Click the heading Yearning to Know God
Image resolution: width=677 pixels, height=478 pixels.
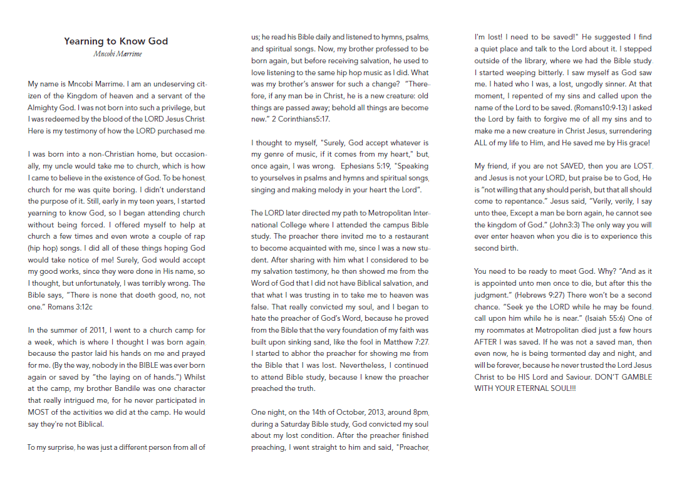[116, 41]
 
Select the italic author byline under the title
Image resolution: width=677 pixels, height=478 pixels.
[117, 54]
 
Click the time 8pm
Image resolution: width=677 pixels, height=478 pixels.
[420, 413]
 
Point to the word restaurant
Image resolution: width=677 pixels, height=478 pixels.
[408, 237]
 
